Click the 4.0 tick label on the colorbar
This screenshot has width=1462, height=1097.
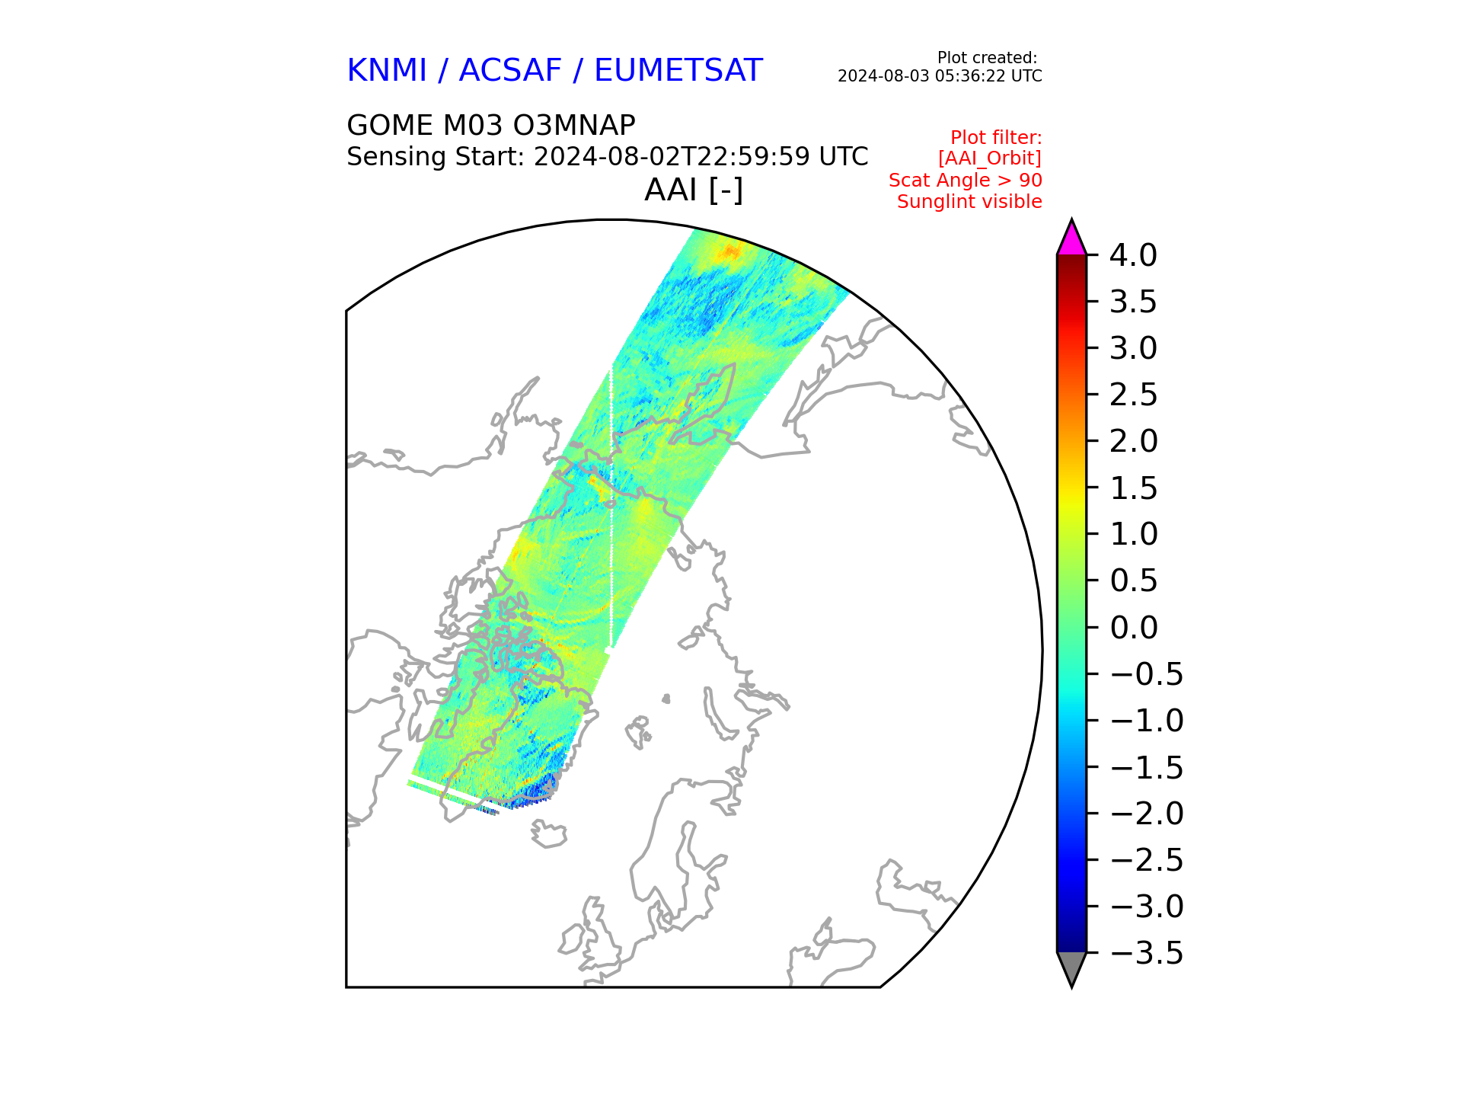coord(1133,255)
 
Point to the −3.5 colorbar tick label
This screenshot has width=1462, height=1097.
coord(1147,953)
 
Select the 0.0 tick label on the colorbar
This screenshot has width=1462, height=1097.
coord(1133,628)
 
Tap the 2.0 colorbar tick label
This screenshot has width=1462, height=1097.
coord(1133,441)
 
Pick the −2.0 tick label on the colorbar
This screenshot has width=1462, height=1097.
coord(1147,814)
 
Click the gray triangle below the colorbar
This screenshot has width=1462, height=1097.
coord(1071,967)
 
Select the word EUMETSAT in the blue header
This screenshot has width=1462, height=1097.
coord(678,71)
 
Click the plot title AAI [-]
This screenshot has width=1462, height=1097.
coord(693,190)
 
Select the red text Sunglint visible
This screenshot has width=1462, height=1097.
coord(969,202)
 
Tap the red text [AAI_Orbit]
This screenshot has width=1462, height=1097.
coord(989,158)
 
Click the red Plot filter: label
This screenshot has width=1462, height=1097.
coord(996,138)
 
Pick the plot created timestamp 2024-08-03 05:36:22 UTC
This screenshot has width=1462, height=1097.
coord(940,76)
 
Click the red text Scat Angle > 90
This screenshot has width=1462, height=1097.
coord(965,181)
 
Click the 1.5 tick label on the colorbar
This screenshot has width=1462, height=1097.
coord(1133,488)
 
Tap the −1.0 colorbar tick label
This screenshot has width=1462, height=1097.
coord(1147,721)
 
